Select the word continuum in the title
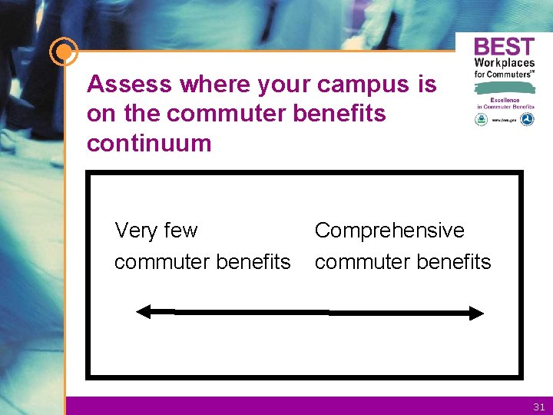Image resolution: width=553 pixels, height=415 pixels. (x=149, y=143)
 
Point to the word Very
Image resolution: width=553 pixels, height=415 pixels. (x=135, y=231)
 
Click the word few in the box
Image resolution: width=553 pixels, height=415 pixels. (x=180, y=231)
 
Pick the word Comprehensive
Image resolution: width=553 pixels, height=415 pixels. (x=389, y=231)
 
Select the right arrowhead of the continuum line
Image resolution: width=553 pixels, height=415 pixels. (x=477, y=313)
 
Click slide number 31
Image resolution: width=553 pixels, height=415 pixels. (x=538, y=407)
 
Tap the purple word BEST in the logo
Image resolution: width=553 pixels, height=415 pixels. (x=504, y=47)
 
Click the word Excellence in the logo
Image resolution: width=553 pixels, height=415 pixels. (x=504, y=100)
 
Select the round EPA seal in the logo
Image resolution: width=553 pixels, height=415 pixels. (x=481, y=119)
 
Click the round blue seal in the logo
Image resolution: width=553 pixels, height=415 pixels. (x=527, y=119)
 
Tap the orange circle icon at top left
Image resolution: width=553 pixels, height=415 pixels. (x=63, y=52)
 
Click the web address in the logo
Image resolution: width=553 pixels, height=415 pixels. (x=504, y=120)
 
